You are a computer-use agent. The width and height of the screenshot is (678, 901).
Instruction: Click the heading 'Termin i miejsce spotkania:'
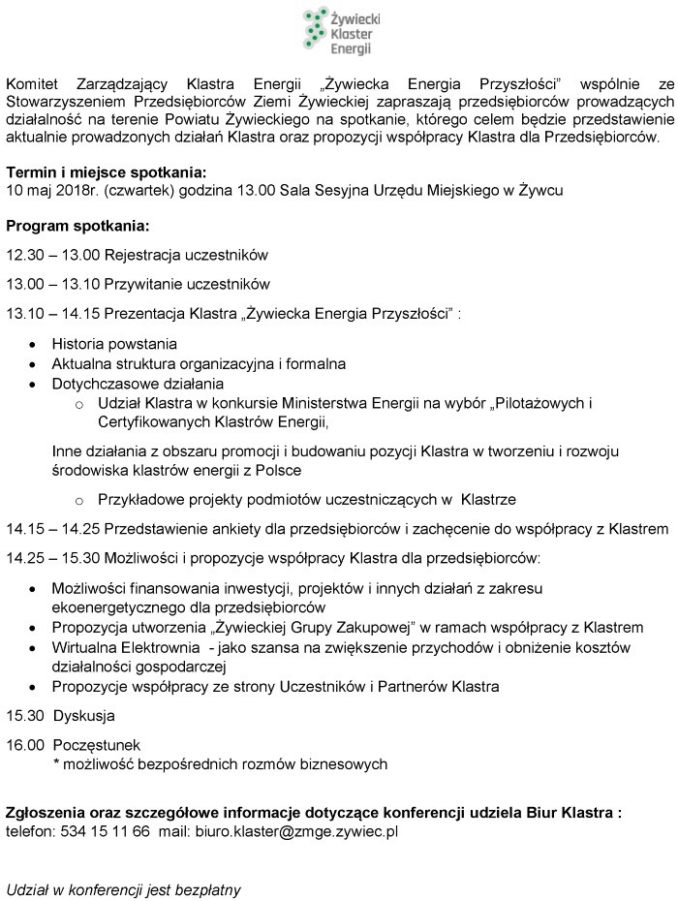[107, 173]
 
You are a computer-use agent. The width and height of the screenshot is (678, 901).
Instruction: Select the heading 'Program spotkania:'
[77, 227]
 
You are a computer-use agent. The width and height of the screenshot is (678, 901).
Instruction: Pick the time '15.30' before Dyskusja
[23, 716]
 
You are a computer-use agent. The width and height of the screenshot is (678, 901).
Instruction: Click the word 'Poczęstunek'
[96, 745]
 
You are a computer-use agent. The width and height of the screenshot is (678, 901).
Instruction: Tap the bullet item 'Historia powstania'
[114, 344]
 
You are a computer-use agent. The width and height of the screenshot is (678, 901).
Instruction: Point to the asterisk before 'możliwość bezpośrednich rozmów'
[56, 764]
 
